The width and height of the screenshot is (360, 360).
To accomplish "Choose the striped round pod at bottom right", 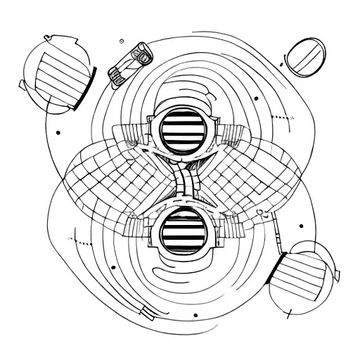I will point(307,276).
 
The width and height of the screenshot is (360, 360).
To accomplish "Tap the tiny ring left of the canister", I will point(122,40).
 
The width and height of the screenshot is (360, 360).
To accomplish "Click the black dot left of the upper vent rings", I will point(58,131).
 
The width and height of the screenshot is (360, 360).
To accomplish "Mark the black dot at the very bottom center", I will point(195,315).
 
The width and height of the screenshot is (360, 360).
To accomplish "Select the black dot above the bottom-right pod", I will point(301,226).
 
